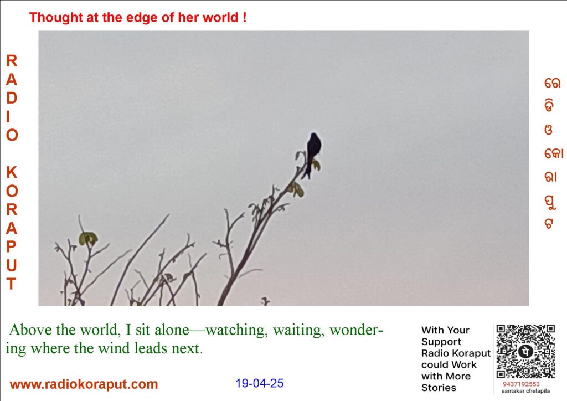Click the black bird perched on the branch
pos(313,153)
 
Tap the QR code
pos(525,351)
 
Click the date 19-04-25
pos(260,383)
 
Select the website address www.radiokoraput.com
pos(84,384)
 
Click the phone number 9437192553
pos(521,384)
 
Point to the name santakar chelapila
pos(525,391)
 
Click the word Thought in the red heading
pos(56,17)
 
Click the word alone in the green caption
pos(172,330)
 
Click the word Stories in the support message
pos(439,388)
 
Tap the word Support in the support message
pos(441,342)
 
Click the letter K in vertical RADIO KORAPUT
pos(12,172)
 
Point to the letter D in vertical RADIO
pos(12,98)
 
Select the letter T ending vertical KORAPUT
pos(11,284)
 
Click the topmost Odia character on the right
pos(552,83)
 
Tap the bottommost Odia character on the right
pos(549,223)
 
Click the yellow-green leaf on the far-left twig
pos(88,238)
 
